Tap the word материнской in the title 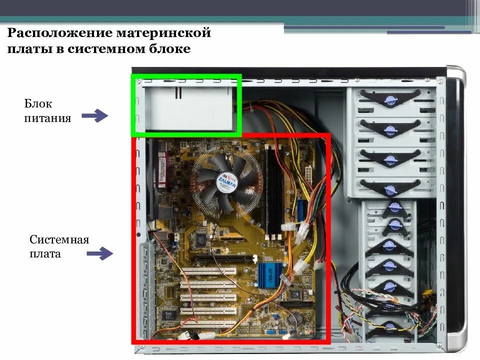point(164,33)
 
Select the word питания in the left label point(47,118)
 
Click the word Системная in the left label point(59,239)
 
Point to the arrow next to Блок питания point(95,116)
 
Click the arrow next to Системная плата point(100,253)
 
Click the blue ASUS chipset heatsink point(268,274)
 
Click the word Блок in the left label point(38,104)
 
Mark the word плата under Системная point(45,253)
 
